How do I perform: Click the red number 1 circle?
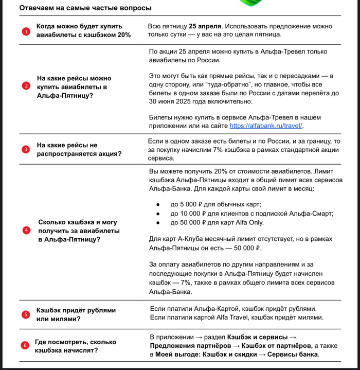tap(26, 31)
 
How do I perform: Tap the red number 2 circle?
tap(26, 86)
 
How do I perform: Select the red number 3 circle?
tap(26, 149)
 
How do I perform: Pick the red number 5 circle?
tap(26, 314)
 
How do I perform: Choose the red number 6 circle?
tap(24, 345)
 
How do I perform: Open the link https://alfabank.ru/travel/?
tap(266, 126)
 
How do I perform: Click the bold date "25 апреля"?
tap(205, 26)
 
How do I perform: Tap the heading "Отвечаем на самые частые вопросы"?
tap(85, 8)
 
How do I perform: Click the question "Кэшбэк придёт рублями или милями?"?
tap(76, 314)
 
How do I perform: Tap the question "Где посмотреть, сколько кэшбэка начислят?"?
tap(75, 346)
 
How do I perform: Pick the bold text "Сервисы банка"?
tap(293, 355)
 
